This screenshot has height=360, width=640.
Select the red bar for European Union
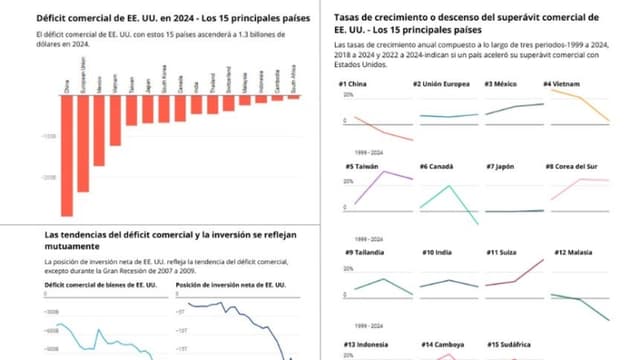point(83,140)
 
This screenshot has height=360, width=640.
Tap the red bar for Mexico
point(99,130)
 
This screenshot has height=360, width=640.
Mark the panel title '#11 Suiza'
point(504,252)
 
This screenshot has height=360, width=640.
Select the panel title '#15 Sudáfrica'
point(511,344)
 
